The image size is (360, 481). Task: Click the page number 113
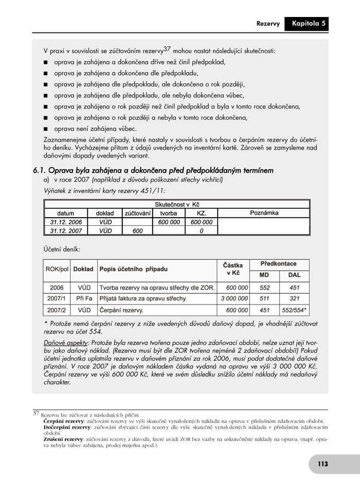click(322, 464)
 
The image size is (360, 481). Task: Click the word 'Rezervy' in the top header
click(268, 24)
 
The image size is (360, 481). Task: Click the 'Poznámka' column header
click(264, 212)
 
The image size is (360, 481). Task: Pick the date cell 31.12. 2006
click(66, 222)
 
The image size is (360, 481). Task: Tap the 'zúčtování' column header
click(137, 213)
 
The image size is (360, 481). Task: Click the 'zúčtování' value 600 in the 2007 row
click(137, 231)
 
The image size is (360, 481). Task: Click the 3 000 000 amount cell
click(234, 298)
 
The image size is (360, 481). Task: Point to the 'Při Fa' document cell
click(84, 298)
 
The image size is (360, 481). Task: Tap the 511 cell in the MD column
click(264, 298)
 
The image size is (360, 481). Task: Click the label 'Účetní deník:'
click(62, 249)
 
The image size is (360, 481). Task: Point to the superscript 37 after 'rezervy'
click(167, 49)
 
